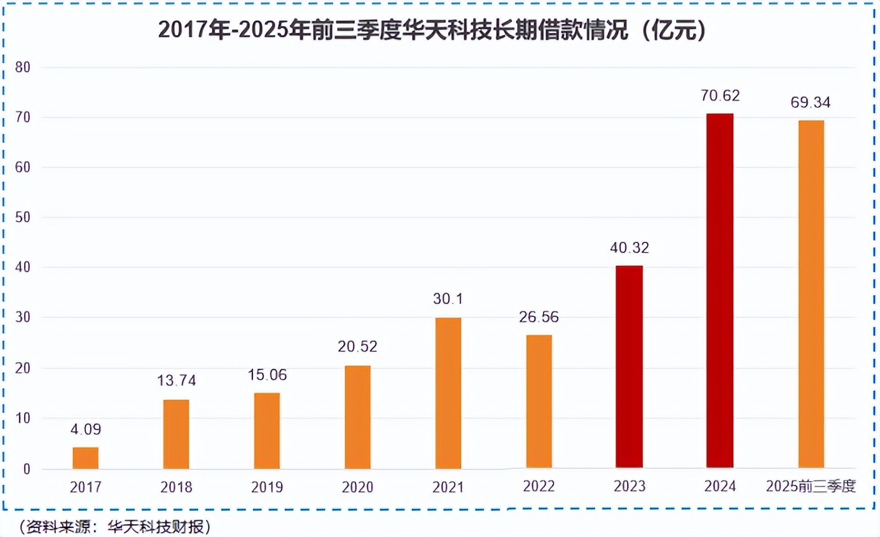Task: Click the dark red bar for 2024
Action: pyautogui.click(x=720, y=291)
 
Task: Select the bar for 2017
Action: pyautogui.click(x=85, y=458)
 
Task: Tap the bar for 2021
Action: pyautogui.click(x=448, y=393)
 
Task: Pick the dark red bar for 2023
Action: pyautogui.click(x=629, y=367)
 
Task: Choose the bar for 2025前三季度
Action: pyautogui.click(x=811, y=295)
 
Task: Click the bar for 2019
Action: pyautogui.click(x=266, y=431)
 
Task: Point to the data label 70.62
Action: pyautogui.click(x=720, y=96)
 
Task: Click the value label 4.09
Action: pyautogui.click(x=85, y=429)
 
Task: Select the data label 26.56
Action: pyautogui.click(x=539, y=317)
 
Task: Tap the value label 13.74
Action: pyautogui.click(x=176, y=381)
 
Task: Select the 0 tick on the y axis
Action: pyautogui.click(x=26, y=470)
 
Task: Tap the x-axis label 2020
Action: pyautogui.click(x=357, y=487)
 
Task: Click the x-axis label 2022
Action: pyautogui.click(x=539, y=487)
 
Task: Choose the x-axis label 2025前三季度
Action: pyautogui.click(x=811, y=487)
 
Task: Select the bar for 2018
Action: pyautogui.click(x=176, y=434)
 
